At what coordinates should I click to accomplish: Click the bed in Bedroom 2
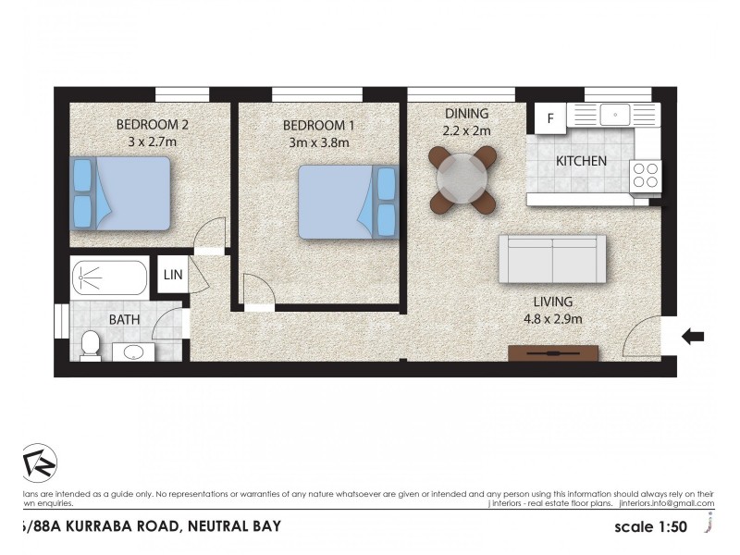coord(120,193)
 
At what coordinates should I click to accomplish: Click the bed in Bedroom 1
coord(348,202)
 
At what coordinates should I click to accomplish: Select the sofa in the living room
coord(552,259)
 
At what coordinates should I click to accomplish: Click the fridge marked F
coord(550,118)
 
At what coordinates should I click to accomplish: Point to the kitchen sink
coord(614,115)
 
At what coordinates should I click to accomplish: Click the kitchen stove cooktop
coord(646,174)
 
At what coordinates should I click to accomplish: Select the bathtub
coord(109,277)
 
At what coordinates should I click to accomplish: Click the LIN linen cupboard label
coord(173,275)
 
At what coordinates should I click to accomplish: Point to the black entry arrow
coord(692,338)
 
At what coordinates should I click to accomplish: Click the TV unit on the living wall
coord(554,352)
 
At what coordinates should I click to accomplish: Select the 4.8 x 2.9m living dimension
coord(552,319)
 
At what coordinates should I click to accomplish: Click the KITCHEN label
coord(581,161)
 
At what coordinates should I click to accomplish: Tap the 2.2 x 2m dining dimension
coord(466,130)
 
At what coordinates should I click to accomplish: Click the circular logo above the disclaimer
coord(39,462)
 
